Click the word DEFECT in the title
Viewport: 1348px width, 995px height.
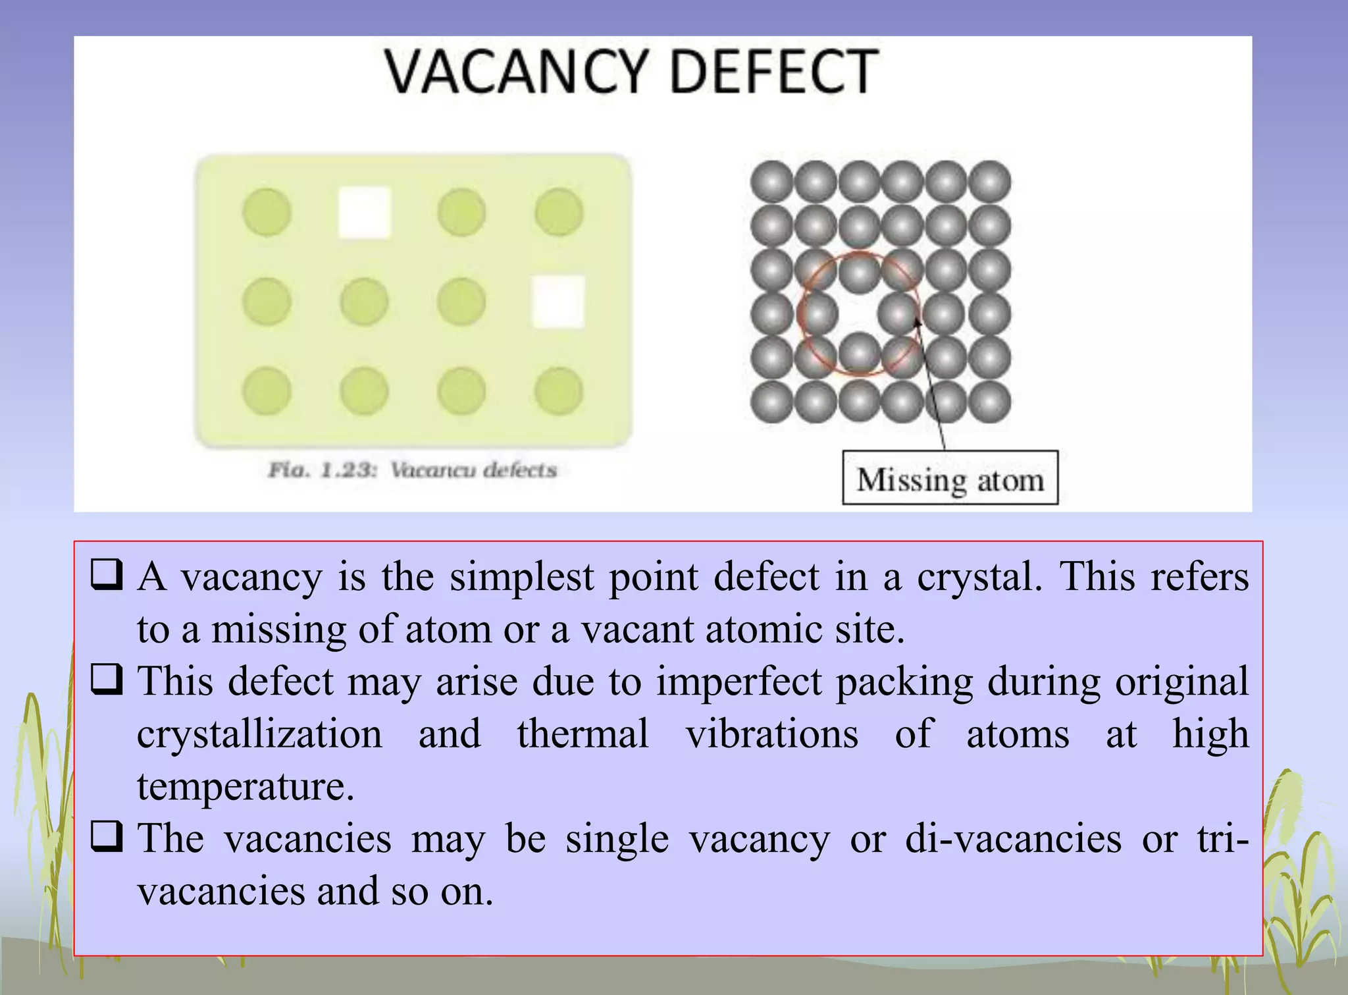click(773, 72)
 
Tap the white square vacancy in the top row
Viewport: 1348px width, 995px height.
click(364, 212)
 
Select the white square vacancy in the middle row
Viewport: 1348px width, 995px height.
click(558, 302)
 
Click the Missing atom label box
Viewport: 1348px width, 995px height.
click(950, 478)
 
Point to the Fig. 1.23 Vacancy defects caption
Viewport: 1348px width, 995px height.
click(413, 470)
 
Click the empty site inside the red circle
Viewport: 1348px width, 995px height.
click(859, 313)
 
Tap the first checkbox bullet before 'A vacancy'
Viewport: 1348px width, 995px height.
click(106, 576)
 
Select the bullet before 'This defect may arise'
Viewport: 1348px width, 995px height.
click(106, 680)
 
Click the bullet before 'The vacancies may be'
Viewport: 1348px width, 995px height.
click(106, 837)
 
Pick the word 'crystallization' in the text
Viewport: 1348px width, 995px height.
click(259, 734)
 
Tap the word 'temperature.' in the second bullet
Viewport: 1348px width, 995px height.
click(246, 786)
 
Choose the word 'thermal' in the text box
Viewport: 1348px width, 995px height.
click(583, 734)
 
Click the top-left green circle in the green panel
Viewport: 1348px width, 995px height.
click(267, 212)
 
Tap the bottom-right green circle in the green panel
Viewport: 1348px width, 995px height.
click(559, 391)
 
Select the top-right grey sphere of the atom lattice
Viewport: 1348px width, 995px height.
click(989, 181)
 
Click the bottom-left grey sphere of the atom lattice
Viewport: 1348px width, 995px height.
click(771, 402)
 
